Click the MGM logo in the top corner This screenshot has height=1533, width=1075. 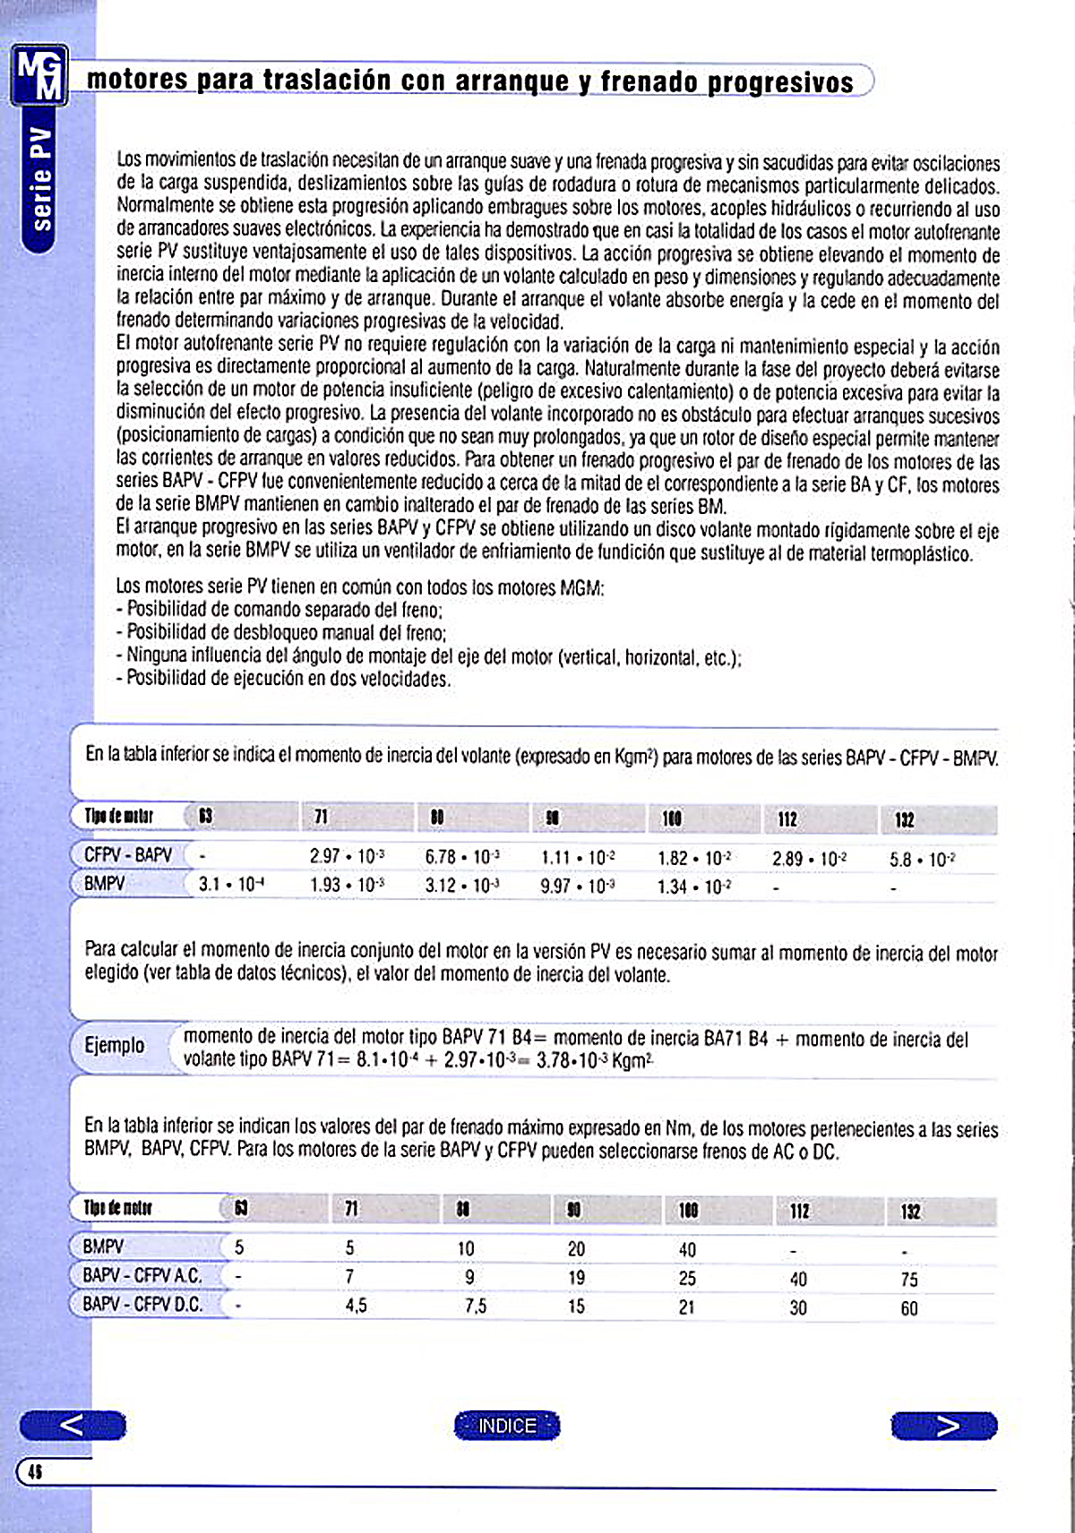(x=40, y=75)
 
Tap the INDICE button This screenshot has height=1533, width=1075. (x=507, y=1426)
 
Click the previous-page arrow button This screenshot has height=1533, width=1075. (x=73, y=1425)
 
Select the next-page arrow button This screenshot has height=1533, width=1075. (x=944, y=1426)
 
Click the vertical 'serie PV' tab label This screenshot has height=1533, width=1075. (x=41, y=180)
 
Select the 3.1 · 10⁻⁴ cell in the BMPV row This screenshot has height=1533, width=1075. (x=231, y=885)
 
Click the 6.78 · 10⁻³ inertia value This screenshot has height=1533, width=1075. (x=462, y=857)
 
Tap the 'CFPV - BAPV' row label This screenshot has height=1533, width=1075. (x=128, y=855)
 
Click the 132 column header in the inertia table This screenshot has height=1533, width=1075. (x=905, y=820)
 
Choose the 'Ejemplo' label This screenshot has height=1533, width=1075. (x=114, y=1045)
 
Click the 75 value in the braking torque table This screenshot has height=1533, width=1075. (x=909, y=1280)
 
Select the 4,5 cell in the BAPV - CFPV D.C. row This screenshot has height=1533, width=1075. (x=356, y=1306)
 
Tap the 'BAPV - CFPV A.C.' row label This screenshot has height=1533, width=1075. (x=142, y=1275)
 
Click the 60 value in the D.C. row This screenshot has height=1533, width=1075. (x=909, y=1308)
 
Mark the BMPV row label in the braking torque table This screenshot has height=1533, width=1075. (x=103, y=1246)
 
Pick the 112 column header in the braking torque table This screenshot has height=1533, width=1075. (x=799, y=1212)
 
